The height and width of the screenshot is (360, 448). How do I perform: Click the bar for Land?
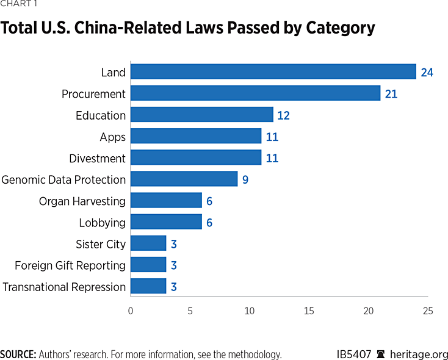click(273, 72)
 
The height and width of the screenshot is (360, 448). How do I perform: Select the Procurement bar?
click(255, 93)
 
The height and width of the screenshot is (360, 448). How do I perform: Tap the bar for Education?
click(202, 115)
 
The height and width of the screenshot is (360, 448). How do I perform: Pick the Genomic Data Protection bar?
click(184, 179)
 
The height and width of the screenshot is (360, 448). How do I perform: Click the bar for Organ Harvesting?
click(166, 200)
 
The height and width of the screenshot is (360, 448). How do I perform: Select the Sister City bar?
click(148, 243)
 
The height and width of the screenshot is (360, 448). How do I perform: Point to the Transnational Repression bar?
click(148, 286)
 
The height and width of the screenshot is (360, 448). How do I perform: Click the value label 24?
click(427, 73)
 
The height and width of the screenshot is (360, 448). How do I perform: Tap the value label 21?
click(391, 94)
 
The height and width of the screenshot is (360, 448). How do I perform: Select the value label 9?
click(245, 179)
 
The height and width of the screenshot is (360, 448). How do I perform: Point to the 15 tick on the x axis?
click(309, 311)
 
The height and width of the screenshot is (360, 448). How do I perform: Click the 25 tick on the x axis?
click(428, 311)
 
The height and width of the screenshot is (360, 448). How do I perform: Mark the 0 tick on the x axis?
click(131, 311)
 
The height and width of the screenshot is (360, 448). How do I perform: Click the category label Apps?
click(112, 137)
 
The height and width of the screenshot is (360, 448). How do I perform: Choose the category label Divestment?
click(97, 158)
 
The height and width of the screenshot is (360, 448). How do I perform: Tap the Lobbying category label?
click(102, 223)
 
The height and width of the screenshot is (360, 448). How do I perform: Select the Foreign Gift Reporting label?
click(70, 265)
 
